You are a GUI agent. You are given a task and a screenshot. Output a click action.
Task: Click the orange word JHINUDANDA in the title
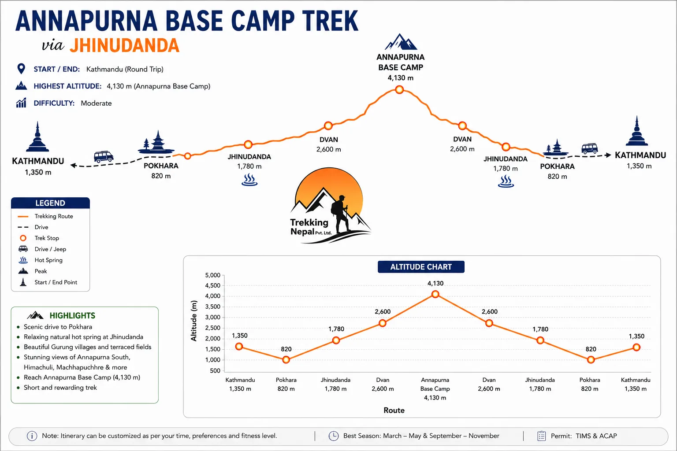pyautogui.click(x=125, y=46)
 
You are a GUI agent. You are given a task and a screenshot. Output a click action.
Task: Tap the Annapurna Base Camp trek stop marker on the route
pyautogui.click(x=399, y=90)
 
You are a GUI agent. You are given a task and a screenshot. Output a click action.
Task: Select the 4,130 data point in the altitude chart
pyautogui.click(x=435, y=294)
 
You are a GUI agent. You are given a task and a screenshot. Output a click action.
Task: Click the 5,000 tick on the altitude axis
pyautogui.click(x=213, y=275)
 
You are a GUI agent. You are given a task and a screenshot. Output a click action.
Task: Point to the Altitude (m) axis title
pyautogui.click(x=194, y=321)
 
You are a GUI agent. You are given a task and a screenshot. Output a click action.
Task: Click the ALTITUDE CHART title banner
pyautogui.click(x=421, y=267)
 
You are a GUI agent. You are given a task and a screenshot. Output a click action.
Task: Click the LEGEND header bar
pyautogui.click(x=51, y=203)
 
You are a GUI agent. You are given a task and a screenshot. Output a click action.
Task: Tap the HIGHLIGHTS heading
pyautogui.click(x=72, y=316)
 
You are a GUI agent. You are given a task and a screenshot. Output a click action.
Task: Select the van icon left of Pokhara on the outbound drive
pyautogui.click(x=104, y=157)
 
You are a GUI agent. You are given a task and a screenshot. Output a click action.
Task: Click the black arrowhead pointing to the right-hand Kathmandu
pyautogui.click(x=608, y=155)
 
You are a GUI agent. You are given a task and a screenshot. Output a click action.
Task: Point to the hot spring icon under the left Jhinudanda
pyautogui.click(x=249, y=179)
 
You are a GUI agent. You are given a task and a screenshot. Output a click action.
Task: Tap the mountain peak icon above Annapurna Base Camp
pyautogui.click(x=401, y=42)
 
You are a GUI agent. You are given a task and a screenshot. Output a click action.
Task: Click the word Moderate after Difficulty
pyautogui.click(x=97, y=104)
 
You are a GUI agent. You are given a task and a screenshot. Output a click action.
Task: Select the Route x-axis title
pyautogui.click(x=394, y=410)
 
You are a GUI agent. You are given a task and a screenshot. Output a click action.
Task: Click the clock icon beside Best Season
pyautogui.click(x=334, y=436)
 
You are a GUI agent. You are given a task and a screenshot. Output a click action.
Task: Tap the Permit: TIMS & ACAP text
pyautogui.click(x=584, y=436)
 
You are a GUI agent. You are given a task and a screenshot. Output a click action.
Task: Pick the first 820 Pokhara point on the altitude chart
pyautogui.click(x=286, y=360)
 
